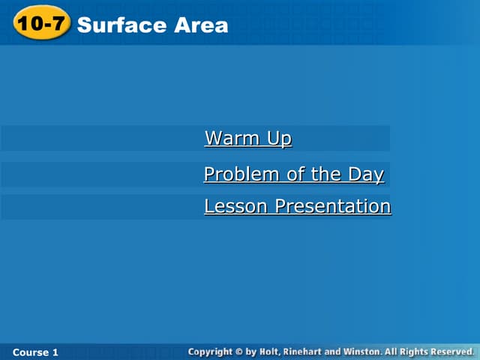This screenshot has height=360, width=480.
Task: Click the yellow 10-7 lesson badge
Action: click(x=41, y=24)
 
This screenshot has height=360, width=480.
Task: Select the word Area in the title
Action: click(x=201, y=25)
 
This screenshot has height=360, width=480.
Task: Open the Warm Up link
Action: click(x=247, y=139)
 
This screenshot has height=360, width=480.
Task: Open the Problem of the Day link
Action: click(x=293, y=175)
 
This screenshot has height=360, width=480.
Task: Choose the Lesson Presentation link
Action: click(x=297, y=206)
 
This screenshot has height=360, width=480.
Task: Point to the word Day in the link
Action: click(x=365, y=175)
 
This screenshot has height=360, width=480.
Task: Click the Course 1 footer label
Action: click(x=35, y=352)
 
